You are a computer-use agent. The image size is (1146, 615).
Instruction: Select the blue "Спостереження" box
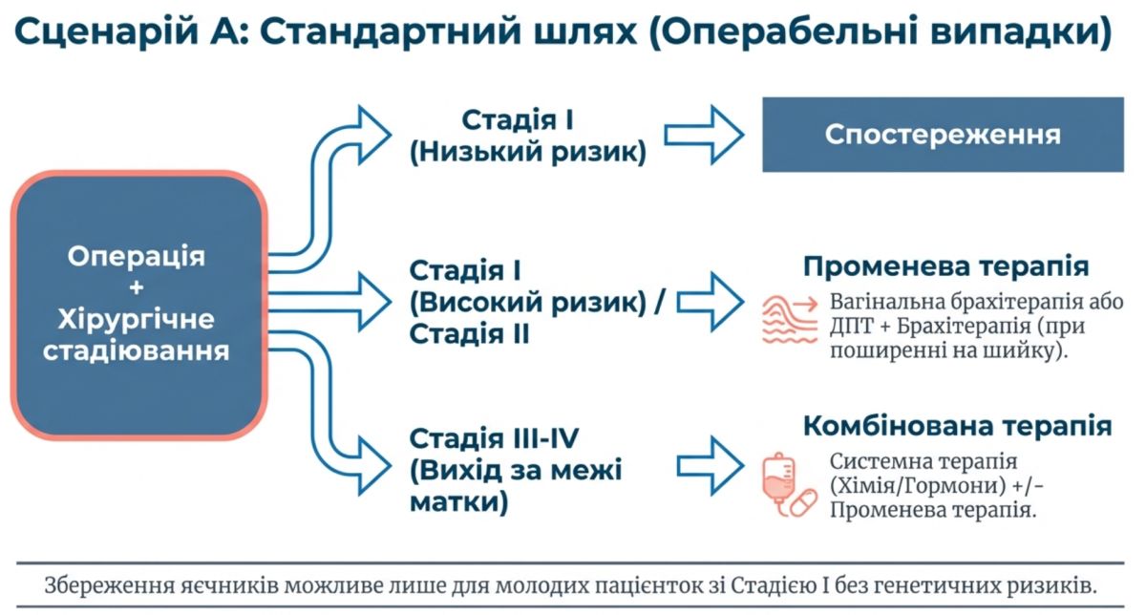tap(943, 135)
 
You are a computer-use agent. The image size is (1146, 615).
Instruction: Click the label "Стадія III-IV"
tap(494, 438)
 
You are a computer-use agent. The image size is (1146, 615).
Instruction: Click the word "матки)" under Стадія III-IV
tap(458, 501)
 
